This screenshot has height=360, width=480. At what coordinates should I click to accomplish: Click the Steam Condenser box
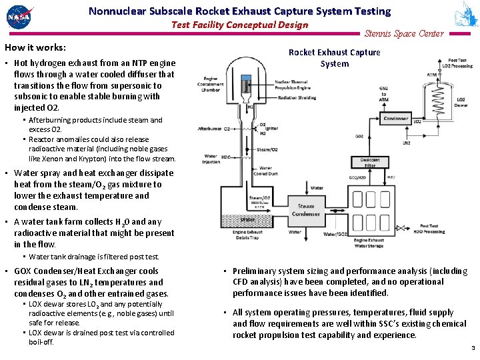tap(306, 210)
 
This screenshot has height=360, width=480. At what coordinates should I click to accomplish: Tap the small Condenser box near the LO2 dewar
tap(395, 118)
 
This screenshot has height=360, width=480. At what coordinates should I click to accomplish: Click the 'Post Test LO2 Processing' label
tap(461, 63)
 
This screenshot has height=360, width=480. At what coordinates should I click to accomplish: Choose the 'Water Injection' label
tap(212, 160)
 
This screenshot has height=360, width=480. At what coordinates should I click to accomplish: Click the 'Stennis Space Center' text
tap(404, 34)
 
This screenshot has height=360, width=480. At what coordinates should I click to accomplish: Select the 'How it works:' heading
tap(35, 48)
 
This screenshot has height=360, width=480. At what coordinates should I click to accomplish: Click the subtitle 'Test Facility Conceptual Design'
tap(239, 25)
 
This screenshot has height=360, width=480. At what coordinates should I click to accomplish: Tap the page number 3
tap(473, 348)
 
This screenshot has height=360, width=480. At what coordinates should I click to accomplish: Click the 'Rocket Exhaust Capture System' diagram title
tap(334, 58)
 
